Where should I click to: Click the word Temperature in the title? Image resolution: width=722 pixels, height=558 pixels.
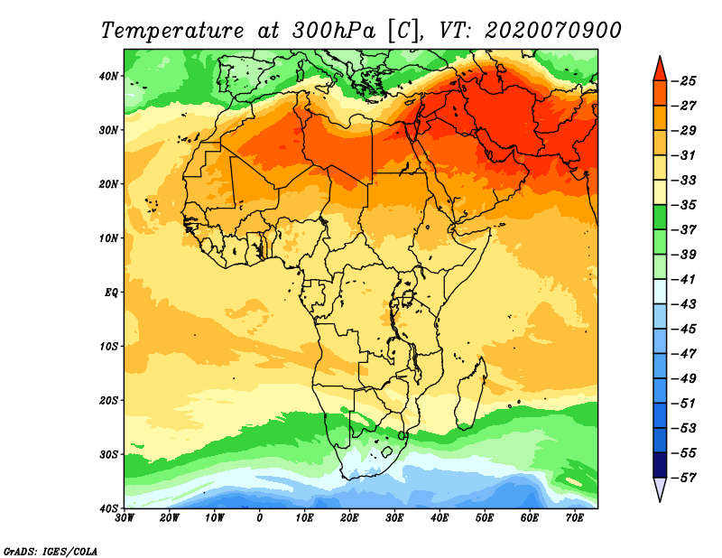[172, 31]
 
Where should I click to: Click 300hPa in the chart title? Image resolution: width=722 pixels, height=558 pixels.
[328, 31]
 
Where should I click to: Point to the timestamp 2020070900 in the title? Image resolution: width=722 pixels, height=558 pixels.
[553, 31]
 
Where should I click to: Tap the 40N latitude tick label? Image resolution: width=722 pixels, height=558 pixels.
[108, 76]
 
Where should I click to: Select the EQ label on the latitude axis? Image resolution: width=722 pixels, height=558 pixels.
[111, 293]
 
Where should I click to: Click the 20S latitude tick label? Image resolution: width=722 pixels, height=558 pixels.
[108, 400]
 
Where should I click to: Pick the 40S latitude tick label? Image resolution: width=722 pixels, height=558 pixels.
[108, 508]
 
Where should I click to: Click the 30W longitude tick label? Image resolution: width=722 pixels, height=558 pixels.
[125, 518]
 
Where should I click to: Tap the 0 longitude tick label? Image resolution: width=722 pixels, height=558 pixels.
[259, 518]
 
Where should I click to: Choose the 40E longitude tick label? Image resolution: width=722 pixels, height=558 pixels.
[440, 518]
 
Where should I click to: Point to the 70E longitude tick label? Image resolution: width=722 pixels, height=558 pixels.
[575, 518]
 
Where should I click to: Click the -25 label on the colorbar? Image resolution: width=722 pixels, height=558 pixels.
[684, 81]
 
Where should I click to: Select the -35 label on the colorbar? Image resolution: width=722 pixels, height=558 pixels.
[684, 205]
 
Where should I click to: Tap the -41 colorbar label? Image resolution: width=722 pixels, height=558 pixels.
[684, 279]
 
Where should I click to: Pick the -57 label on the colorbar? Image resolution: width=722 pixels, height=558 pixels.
[684, 478]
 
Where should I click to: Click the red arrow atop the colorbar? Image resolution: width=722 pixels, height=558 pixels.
[660, 70]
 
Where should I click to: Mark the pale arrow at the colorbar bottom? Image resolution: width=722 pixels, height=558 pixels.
[660, 488]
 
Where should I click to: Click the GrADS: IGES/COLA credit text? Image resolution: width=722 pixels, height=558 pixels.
[51, 552]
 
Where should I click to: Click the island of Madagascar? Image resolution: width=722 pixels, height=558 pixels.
[471, 394]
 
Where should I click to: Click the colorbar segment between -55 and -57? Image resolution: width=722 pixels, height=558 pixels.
[660, 465]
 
